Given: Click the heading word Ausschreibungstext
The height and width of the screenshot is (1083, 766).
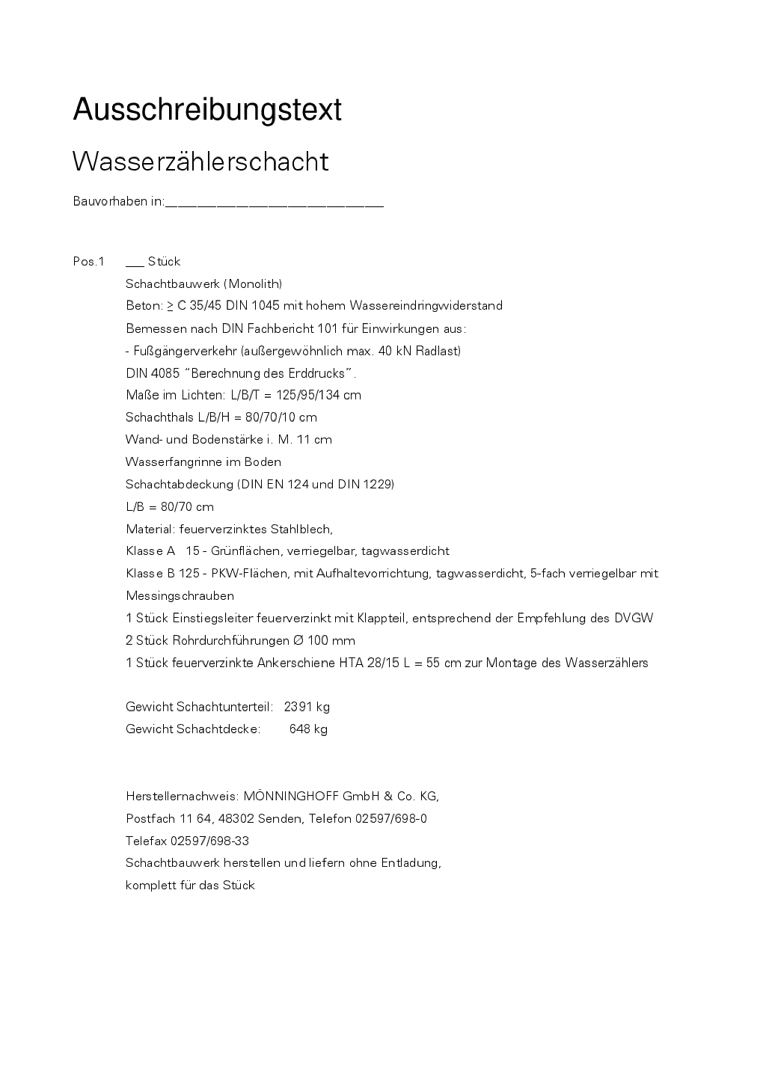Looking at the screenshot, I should tap(207, 110).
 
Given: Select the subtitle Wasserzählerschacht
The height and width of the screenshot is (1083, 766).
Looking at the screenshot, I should tap(200, 162).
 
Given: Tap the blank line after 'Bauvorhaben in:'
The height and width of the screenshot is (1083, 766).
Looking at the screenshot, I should tap(274, 203).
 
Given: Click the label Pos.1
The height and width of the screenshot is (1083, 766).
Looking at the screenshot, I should tap(88, 262).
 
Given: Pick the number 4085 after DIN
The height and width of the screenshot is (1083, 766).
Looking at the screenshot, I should tap(166, 373).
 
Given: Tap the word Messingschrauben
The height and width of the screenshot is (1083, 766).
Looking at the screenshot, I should tap(180, 596).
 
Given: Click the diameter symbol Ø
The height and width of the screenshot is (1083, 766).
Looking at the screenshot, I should tap(299, 641).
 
